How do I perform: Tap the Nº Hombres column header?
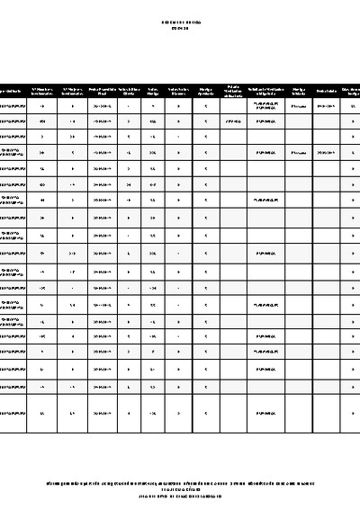(43, 91)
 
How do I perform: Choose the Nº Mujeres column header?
(72, 91)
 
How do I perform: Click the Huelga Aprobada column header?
(206, 91)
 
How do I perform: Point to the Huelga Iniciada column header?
(298, 91)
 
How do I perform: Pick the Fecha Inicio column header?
(326, 91)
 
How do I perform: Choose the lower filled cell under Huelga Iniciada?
(298, 153)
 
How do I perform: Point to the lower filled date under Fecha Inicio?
(326, 153)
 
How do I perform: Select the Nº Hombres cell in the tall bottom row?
(43, 413)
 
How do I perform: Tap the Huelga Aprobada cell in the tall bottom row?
(206, 413)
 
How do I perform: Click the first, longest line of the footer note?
(180, 483)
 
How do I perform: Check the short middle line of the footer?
(180, 490)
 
